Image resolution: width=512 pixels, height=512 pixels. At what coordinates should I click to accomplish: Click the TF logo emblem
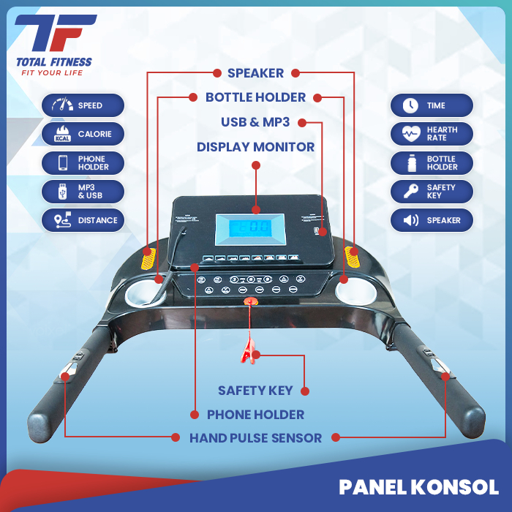[55, 34]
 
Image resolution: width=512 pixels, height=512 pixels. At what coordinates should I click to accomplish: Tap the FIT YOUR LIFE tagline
[49, 72]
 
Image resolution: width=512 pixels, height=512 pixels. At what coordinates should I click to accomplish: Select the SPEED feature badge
[83, 105]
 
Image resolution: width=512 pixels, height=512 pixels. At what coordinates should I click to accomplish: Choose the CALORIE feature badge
[83, 134]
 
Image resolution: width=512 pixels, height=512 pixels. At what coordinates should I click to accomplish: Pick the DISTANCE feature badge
[83, 220]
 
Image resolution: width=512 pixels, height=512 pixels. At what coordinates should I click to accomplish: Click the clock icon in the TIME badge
[410, 105]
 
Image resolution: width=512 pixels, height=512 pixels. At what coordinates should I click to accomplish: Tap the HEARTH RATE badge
[432, 134]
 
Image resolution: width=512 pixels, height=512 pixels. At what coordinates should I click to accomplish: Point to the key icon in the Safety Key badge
[410, 192]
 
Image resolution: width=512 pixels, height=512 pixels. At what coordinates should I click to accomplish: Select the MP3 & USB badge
[83, 192]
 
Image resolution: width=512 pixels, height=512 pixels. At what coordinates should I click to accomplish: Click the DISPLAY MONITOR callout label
[255, 147]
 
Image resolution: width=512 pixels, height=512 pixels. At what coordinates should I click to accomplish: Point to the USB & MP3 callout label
[255, 122]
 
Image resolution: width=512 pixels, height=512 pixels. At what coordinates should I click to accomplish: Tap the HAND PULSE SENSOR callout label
[255, 438]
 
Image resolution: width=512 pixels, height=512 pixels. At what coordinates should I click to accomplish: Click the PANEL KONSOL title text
[418, 487]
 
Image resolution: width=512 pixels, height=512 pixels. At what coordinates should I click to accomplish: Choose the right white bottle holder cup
[357, 294]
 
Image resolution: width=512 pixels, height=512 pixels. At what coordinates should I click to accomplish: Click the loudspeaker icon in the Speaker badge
[410, 220]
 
